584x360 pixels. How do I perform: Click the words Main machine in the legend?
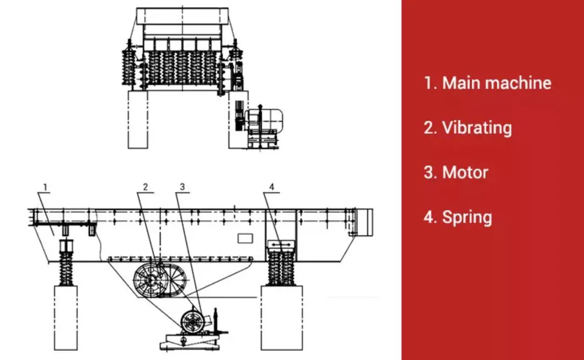point(496,83)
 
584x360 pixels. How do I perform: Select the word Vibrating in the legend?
point(476,128)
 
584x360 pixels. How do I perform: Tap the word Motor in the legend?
point(465,173)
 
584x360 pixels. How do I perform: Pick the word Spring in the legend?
point(467,217)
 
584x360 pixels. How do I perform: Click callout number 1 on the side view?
point(45,187)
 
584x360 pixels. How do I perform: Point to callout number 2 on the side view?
point(145,187)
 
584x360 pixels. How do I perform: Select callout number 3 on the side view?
point(182,187)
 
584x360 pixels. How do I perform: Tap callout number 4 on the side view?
point(271,187)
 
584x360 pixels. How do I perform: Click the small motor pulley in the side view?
point(193,321)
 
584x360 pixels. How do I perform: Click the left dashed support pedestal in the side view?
point(66,318)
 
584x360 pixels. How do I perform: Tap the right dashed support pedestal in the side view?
point(282,318)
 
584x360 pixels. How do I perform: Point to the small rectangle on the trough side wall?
point(245,238)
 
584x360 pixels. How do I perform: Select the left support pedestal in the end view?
point(138,119)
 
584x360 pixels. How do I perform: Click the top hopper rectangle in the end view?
point(183,16)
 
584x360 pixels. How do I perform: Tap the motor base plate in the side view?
point(190,341)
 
